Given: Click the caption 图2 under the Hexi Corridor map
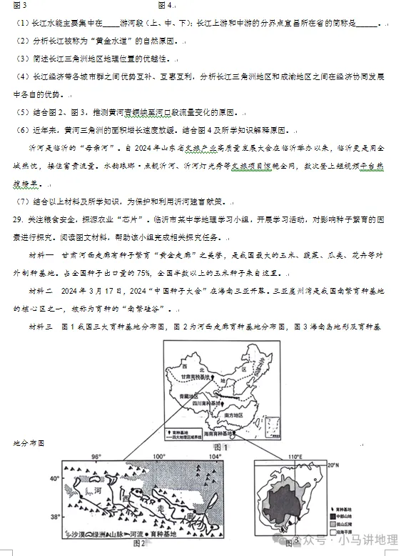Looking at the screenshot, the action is tap(139, 543).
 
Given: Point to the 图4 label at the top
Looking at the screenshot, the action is tap(165, 5).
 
